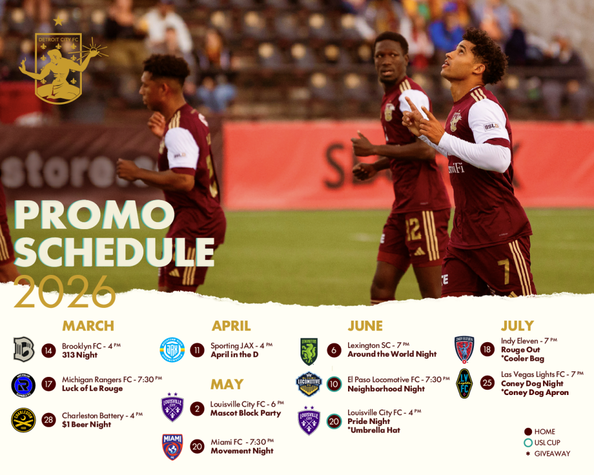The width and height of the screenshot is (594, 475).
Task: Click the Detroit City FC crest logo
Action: [60, 63]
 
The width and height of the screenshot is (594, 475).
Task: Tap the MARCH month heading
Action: [88, 326]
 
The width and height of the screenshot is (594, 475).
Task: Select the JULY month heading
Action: [517, 326]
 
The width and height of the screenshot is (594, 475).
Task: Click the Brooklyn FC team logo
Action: [24, 349]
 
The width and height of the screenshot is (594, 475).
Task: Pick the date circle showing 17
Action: [49, 384]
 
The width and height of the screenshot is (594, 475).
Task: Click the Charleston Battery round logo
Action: [23, 420]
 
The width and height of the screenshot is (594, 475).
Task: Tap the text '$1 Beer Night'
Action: [86, 425]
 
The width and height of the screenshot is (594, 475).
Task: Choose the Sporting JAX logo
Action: [172, 350]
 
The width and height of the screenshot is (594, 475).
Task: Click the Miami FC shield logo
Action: [172, 447]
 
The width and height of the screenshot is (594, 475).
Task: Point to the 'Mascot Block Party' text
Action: [246, 413]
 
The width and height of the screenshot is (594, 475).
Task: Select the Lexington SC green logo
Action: [309, 351]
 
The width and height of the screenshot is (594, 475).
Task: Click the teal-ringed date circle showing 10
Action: [334, 384]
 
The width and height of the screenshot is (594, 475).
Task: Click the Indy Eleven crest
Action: [465, 350]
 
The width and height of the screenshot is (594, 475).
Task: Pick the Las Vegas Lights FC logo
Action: [465, 383]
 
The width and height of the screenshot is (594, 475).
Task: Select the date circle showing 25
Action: [487, 383]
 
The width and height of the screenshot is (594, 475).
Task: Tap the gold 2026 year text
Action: [65, 292]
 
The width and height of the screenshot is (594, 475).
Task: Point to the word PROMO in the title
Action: [95, 215]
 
